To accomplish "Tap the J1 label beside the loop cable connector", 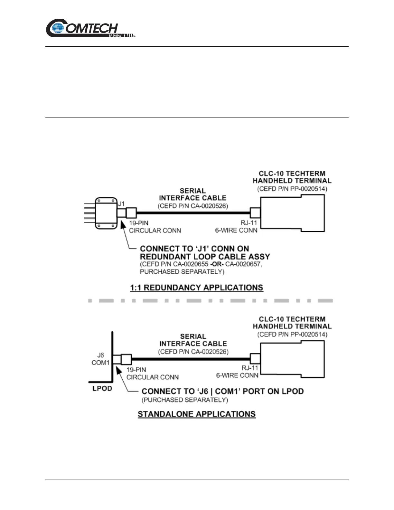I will (x=121, y=204).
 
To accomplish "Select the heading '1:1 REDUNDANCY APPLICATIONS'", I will (x=196, y=288).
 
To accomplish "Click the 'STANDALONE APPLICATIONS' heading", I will (x=197, y=414).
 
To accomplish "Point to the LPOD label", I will (x=102, y=388).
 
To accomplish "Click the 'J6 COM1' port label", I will (x=101, y=359).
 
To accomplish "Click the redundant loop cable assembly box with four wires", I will (x=106, y=213).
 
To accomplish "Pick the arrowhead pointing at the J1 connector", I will (x=123, y=224).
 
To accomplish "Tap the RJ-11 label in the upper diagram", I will (x=249, y=223).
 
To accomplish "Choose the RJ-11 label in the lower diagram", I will (x=250, y=368).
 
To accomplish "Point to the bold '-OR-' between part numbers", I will (x=217, y=264).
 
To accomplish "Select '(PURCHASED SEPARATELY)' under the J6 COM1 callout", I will (x=185, y=400).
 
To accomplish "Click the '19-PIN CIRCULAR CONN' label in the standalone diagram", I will (x=152, y=373).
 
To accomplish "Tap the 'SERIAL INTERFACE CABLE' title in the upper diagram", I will (x=192, y=194).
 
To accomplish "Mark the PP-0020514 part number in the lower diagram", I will (x=304, y=335).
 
